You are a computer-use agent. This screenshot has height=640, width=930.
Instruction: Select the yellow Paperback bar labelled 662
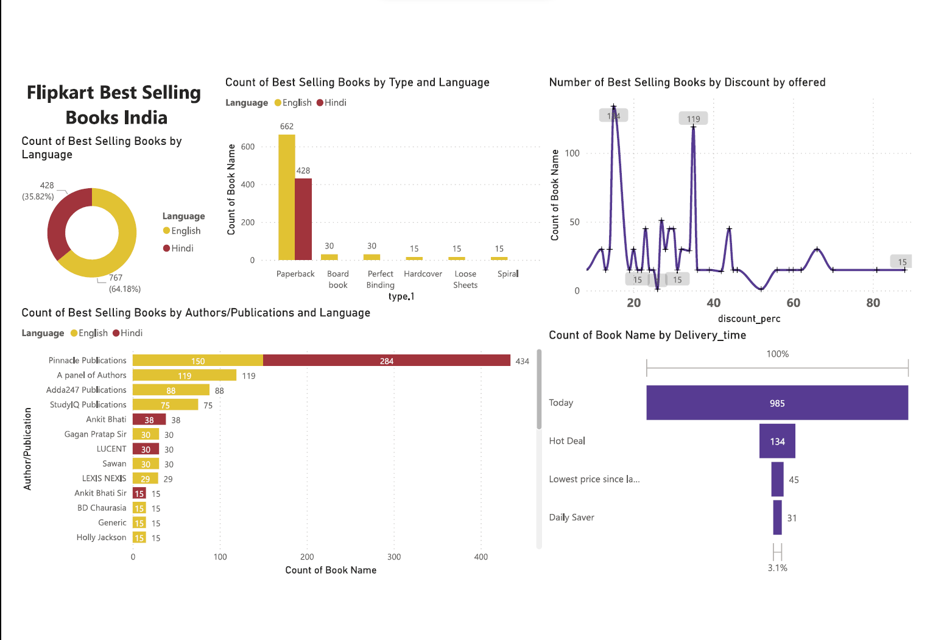[286, 197]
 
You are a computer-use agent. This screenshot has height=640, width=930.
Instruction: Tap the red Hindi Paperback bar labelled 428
[303, 219]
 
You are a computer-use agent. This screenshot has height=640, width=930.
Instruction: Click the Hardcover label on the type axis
[423, 274]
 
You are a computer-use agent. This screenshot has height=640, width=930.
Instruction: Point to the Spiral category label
[507, 274]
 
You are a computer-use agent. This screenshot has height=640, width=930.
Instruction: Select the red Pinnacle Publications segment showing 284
[386, 360]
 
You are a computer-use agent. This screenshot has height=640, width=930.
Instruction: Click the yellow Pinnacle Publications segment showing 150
[197, 360]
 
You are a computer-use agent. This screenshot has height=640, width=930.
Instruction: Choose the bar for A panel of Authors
[184, 375]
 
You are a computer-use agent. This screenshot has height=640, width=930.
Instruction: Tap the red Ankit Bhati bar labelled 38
[149, 420]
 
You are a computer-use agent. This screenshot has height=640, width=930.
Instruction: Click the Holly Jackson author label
[101, 537]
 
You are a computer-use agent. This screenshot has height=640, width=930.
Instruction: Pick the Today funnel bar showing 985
[777, 403]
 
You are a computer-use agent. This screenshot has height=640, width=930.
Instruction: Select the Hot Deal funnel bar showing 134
[777, 441]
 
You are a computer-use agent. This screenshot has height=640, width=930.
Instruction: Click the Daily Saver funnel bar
[777, 518]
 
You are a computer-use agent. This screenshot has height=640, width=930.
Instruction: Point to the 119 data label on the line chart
[693, 119]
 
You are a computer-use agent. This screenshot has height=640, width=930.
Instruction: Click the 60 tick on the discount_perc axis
[793, 303]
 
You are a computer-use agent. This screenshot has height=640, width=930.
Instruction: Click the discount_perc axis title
[749, 318]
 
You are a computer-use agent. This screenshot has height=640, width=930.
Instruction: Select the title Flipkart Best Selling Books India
[114, 105]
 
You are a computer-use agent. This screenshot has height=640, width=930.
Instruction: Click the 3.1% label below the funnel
[777, 568]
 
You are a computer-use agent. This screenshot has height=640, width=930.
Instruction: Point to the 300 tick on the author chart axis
[394, 557]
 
